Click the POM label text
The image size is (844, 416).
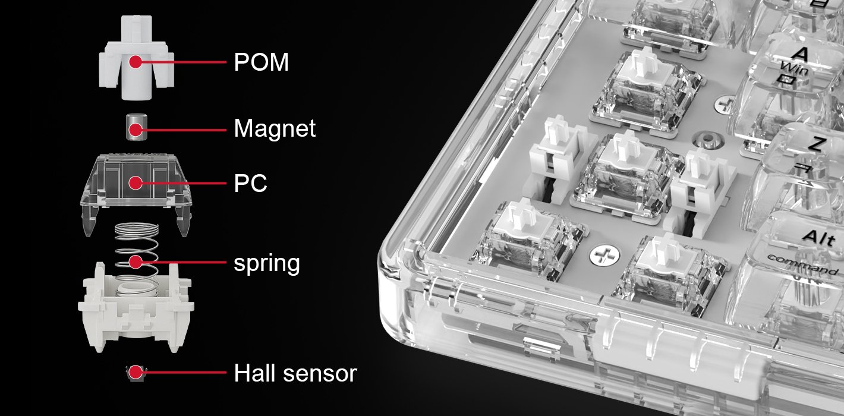(261, 62)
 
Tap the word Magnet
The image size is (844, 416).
(275, 128)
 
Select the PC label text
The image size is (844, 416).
(250, 183)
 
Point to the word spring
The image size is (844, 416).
(267, 263)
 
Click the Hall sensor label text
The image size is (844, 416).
(295, 373)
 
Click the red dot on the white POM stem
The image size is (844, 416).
(136, 61)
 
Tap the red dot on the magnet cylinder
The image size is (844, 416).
(136, 130)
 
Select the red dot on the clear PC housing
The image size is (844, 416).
(136, 183)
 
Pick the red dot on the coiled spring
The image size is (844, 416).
(136, 261)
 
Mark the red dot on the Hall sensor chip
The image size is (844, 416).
(136, 372)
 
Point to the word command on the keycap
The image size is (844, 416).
(802, 264)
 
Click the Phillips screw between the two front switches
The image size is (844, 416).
(604, 254)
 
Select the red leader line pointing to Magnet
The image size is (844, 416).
(181, 130)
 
